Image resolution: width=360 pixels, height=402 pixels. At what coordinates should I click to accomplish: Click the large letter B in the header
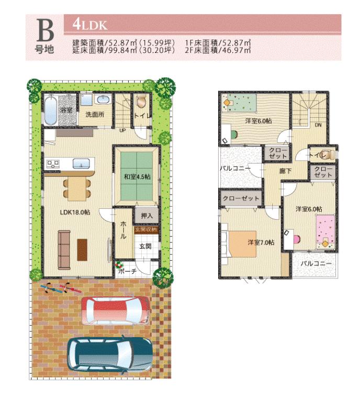click(45, 31)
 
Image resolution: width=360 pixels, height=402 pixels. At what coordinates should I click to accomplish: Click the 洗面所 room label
click(96, 114)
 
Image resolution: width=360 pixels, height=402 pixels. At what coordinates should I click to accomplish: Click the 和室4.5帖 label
click(137, 177)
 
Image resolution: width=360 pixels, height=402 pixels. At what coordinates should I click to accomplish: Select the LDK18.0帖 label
click(75, 212)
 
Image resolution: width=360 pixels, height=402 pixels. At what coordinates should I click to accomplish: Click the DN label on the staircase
click(319, 125)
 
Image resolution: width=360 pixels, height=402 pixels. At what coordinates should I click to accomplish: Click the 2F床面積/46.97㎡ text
click(219, 51)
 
